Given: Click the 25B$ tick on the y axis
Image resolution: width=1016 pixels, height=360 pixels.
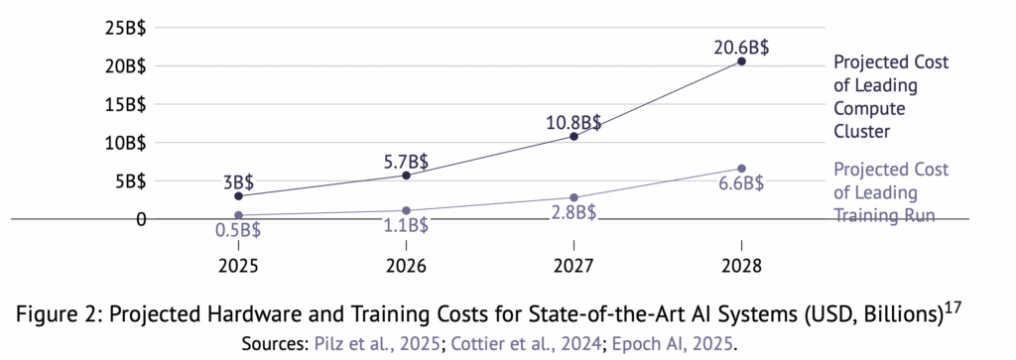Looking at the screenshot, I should [x=124, y=28].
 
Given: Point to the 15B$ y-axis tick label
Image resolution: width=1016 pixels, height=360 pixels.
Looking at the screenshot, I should [x=124, y=104].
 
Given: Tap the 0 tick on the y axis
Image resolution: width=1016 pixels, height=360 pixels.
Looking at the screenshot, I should [x=140, y=218].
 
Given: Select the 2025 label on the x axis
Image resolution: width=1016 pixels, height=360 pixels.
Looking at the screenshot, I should [x=238, y=267].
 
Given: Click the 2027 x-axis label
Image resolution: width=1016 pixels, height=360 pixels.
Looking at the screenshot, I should [x=573, y=267].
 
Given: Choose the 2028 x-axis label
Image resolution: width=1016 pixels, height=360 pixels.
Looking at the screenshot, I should [x=741, y=267].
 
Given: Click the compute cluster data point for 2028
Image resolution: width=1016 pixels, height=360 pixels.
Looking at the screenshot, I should [x=741, y=61].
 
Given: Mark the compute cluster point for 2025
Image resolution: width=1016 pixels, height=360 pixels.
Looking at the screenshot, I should [x=238, y=196].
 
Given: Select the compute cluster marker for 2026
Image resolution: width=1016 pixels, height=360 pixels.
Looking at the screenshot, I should [x=406, y=176].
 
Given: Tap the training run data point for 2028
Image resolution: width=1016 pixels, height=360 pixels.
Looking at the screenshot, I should [x=741, y=169].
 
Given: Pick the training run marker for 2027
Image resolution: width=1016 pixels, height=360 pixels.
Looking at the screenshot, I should [x=573, y=197].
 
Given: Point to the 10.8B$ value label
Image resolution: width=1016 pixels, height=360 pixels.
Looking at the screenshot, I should [x=573, y=122].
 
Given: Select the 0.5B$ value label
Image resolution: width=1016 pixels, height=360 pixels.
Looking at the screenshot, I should [x=238, y=231].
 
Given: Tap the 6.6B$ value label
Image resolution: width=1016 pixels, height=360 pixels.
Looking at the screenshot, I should [x=740, y=184].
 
